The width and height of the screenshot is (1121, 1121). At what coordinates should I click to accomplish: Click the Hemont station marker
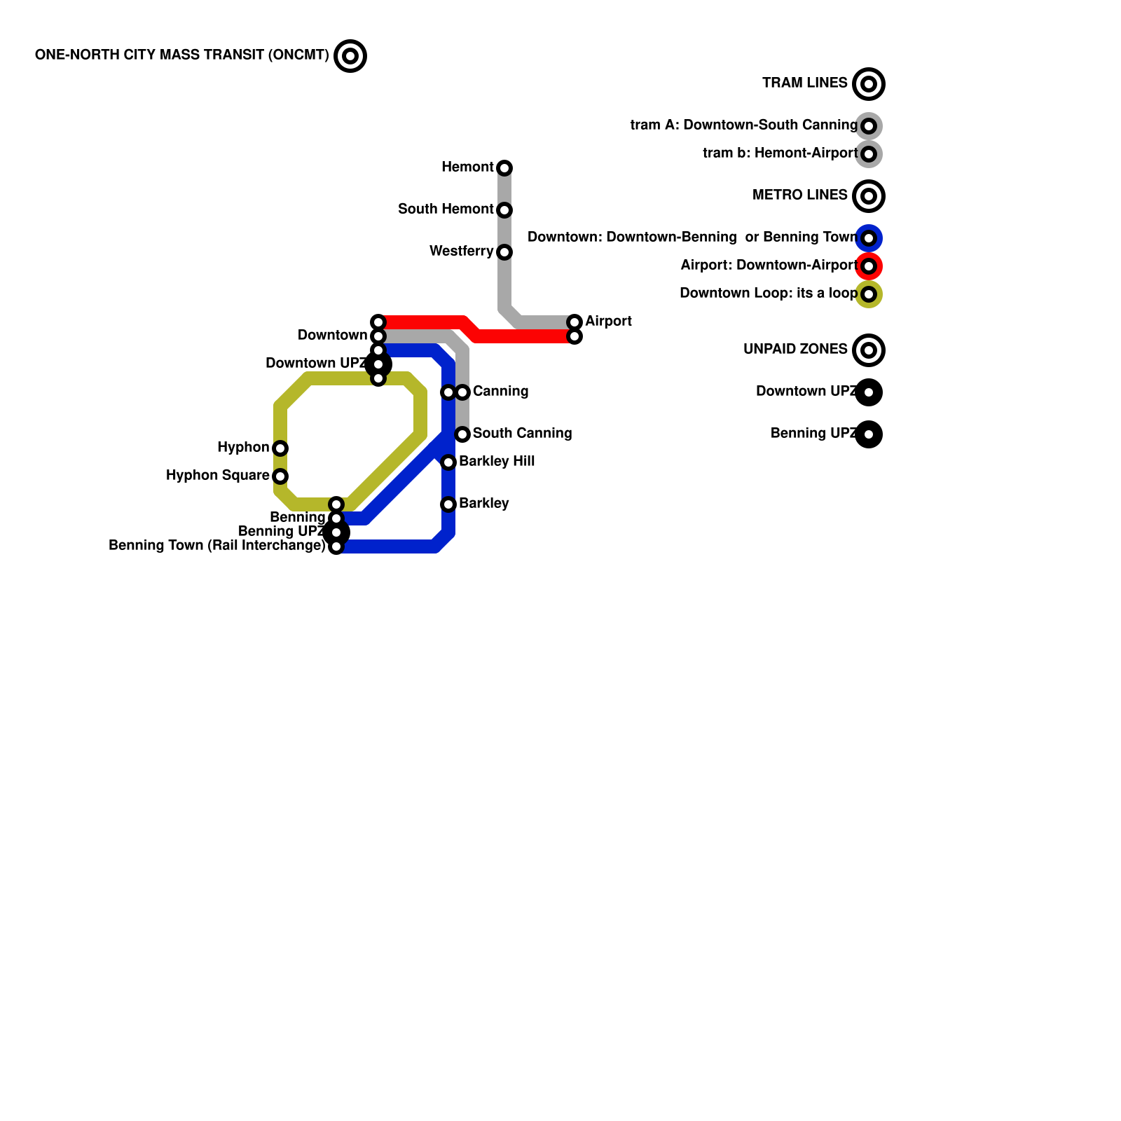[504, 168]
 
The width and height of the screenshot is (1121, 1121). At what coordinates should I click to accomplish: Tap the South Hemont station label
[446, 209]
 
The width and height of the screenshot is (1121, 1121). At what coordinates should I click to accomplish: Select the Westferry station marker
[504, 252]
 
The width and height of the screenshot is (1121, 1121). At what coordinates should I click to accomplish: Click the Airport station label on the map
[608, 322]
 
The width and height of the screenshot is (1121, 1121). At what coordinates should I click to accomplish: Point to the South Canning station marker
[462, 434]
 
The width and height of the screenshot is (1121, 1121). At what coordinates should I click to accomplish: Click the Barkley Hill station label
[497, 462]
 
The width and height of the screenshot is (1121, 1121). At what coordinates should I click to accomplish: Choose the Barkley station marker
[448, 504]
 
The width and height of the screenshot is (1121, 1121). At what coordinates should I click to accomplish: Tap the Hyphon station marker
[280, 448]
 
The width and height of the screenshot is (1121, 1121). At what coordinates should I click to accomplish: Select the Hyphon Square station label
[218, 476]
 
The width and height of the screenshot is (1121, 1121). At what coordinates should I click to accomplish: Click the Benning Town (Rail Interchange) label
[217, 546]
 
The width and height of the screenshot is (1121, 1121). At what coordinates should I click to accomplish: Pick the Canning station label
[500, 392]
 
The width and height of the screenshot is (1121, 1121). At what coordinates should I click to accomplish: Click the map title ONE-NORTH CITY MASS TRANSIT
[181, 55]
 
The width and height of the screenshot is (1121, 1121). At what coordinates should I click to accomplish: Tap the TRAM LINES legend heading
[805, 83]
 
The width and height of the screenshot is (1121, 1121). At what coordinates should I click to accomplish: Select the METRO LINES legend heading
[800, 195]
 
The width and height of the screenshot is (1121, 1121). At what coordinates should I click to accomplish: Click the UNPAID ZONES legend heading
[795, 350]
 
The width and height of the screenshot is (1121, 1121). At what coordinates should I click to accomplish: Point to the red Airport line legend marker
[869, 266]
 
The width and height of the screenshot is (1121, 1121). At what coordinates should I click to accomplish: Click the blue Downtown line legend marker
[869, 238]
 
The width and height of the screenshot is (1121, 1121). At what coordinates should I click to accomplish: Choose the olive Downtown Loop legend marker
[869, 294]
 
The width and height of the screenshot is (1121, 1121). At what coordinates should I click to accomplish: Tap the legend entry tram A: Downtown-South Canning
[743, 125]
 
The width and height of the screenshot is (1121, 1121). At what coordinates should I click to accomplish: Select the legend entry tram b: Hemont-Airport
[780, 153]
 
